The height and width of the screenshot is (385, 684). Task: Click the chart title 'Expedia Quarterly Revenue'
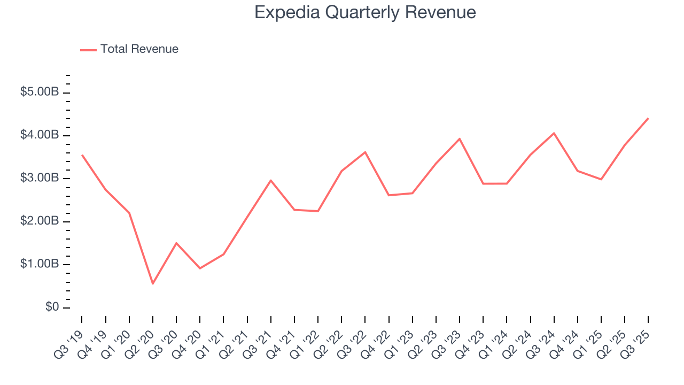(365, 12)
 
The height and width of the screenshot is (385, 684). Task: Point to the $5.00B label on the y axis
(40, 93)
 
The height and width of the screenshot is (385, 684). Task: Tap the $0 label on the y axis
(52, 307)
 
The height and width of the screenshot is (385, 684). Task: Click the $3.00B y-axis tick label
(40, 178)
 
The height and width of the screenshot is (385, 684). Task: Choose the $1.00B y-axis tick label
(40, 264)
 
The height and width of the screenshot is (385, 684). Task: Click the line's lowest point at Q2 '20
(153, 283)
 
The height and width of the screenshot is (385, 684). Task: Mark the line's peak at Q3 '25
(648, 118)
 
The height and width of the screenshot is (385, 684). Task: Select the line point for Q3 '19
(82, 155)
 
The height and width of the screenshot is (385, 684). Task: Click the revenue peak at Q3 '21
(271, 180)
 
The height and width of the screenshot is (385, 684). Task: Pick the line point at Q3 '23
(460, 138)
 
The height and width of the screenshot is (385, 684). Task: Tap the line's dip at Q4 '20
(200, 268)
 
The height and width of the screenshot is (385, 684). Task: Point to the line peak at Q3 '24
(554, 133)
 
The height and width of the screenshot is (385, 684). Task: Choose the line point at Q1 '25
(601, 179)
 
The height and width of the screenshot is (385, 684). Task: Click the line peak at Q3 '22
(365, 152)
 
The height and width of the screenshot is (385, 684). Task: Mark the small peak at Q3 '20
(176, 243)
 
